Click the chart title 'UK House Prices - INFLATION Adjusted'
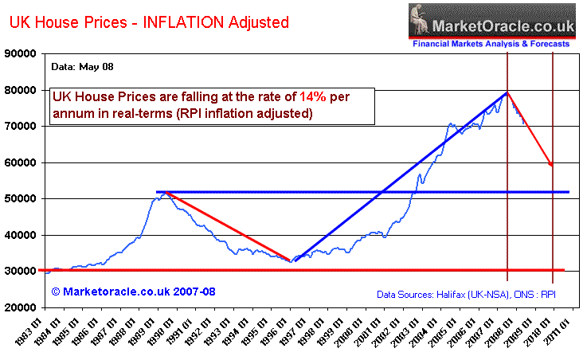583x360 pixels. (149, 22)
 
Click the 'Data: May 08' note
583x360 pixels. (80, 67)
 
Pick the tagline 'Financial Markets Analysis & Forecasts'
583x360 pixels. (491, 45)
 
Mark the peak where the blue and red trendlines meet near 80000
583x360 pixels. (507, 92)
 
